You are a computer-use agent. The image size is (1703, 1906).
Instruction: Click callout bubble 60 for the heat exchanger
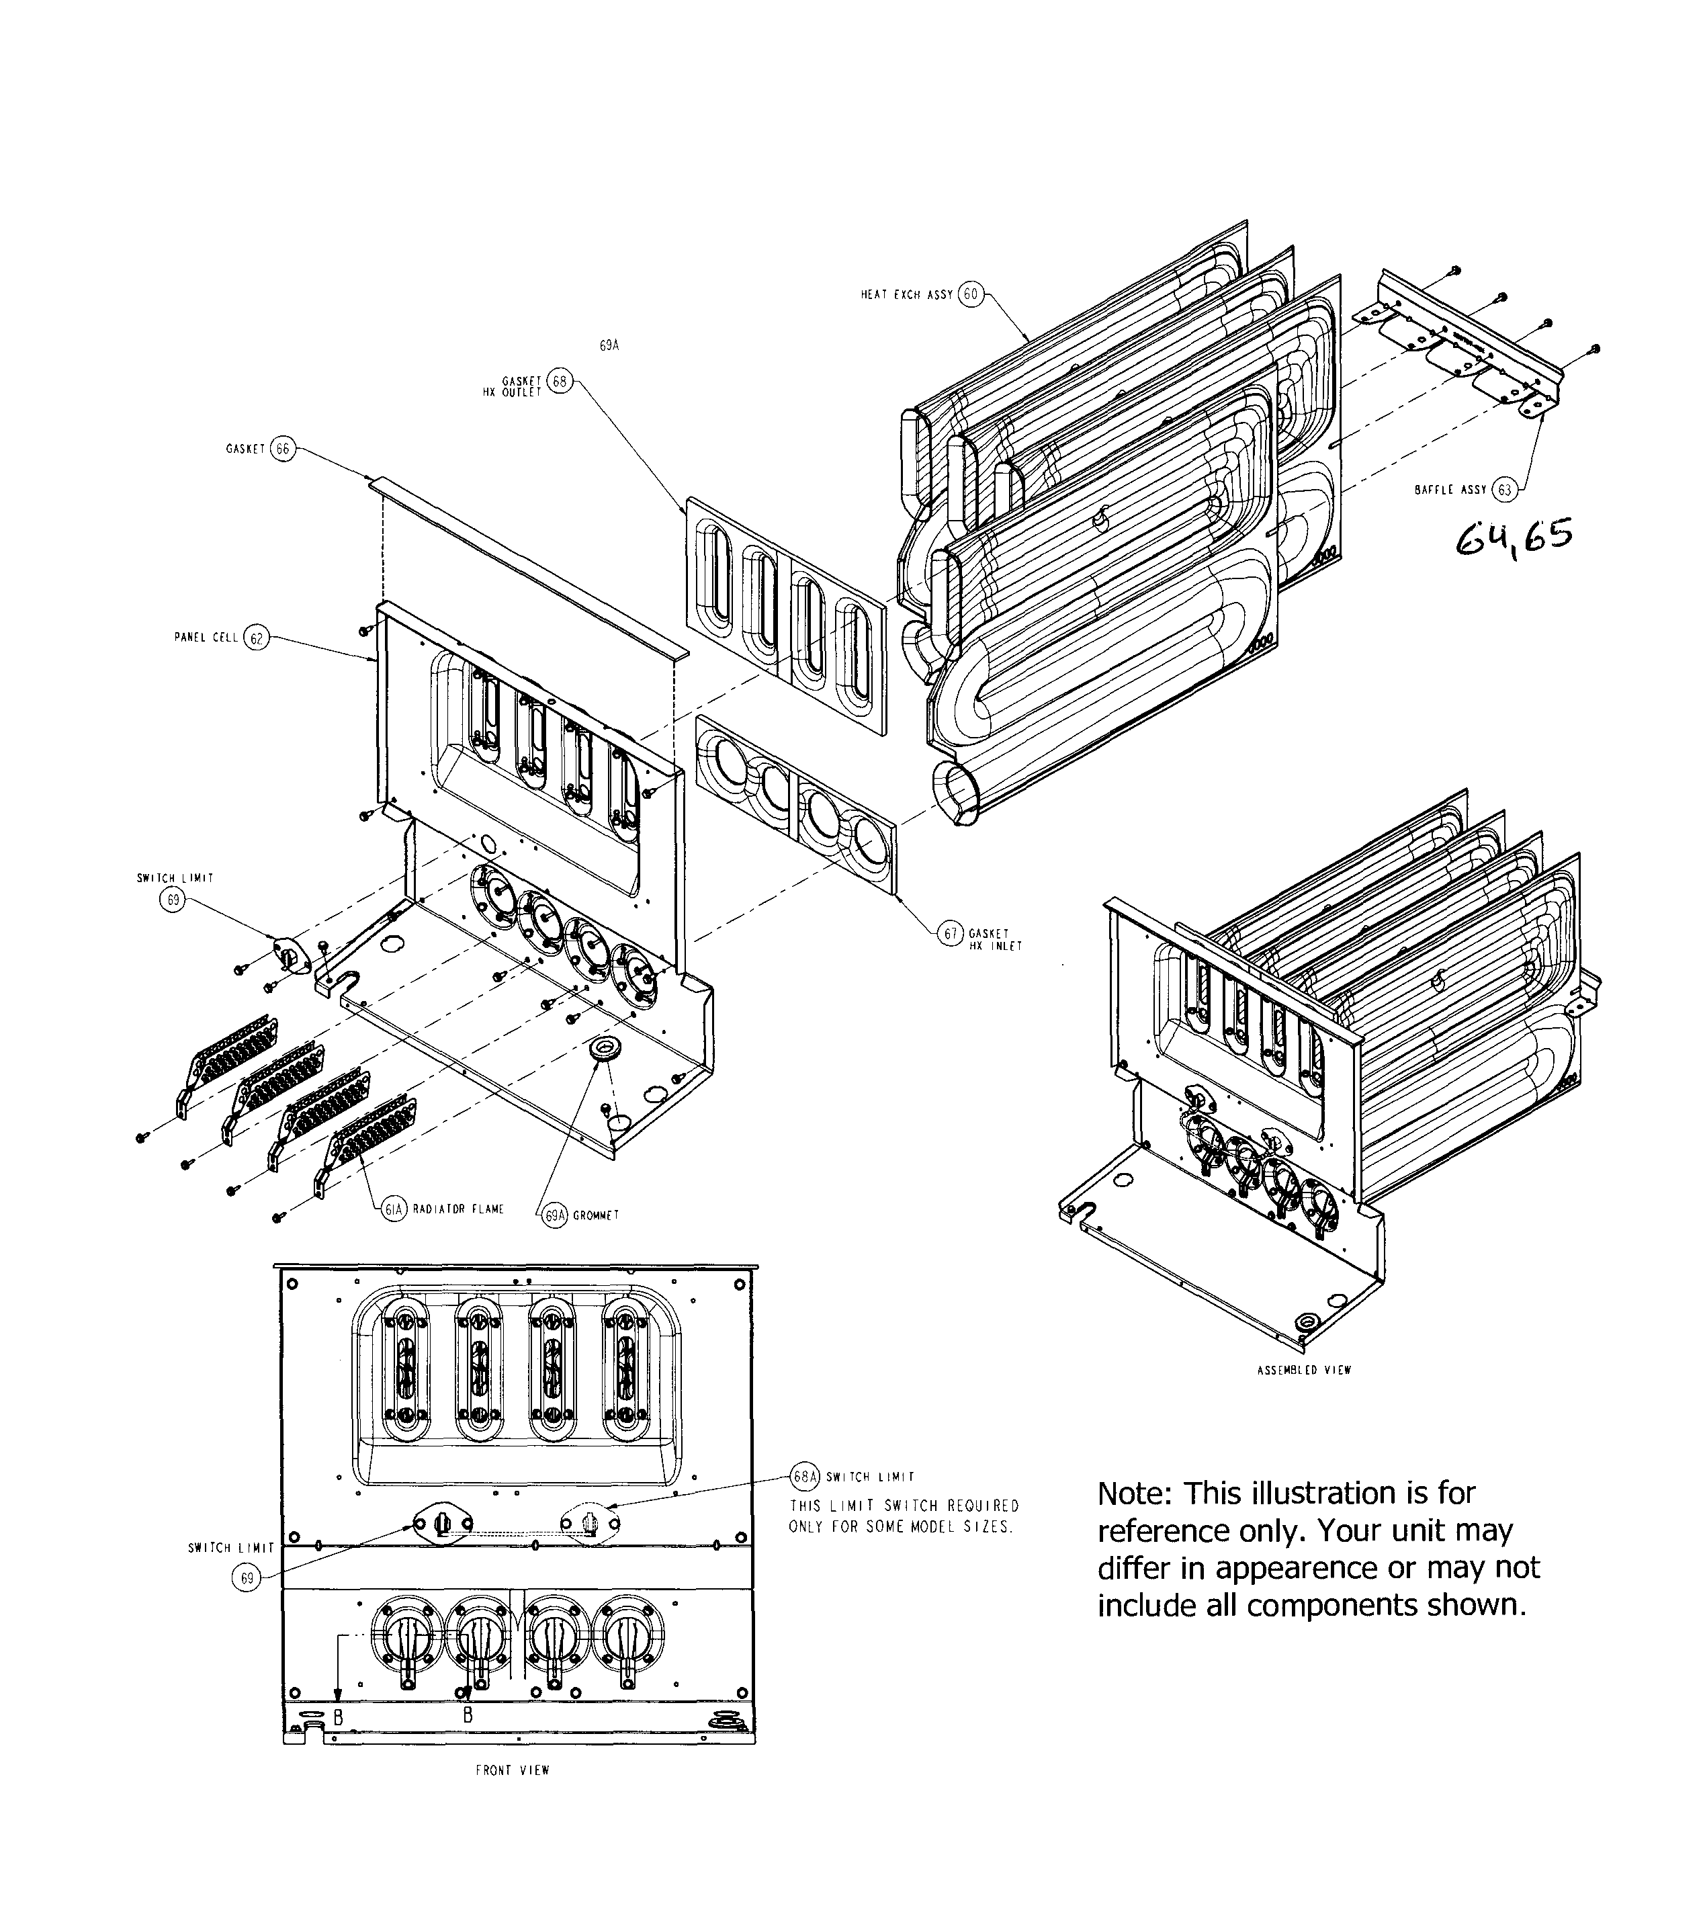coord(970,294)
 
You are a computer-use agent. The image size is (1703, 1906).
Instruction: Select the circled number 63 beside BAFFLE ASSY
coord(1503,489)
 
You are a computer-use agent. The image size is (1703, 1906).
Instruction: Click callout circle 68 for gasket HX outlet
coord(559,382)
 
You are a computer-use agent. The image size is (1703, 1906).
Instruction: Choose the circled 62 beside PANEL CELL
coord(255,638)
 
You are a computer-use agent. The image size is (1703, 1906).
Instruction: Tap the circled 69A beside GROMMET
coord(555,1215)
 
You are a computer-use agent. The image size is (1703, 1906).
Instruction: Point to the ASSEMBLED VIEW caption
coord(1303,1370)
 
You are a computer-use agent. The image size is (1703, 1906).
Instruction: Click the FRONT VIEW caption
coord(513,1770)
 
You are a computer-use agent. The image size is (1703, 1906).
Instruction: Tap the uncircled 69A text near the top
coord(609,345)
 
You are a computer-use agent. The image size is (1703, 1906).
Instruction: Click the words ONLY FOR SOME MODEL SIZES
coord(901,1527)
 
